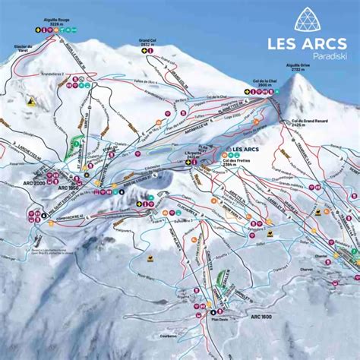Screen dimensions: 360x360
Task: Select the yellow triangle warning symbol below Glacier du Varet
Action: click(31, 99)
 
